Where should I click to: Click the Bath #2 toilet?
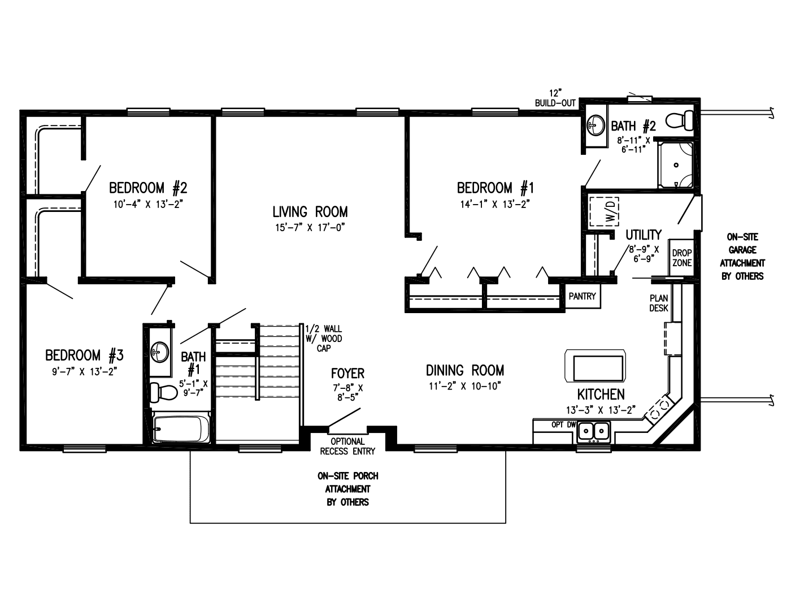pos(680,120)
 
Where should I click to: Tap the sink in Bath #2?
pos(595,123)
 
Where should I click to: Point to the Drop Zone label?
pos(681,258)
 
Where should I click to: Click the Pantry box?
pos(582,297)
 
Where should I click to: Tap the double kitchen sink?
pos(593,432)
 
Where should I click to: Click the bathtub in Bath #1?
pos(181,429)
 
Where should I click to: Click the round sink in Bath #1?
pos(160,353)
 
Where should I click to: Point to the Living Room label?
pos(310,212)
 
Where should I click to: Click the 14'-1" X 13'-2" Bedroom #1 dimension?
pos(494,205)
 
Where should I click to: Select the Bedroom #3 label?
pos(84,356)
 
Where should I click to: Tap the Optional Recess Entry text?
pos(347,446)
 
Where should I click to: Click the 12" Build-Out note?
pos(555,98)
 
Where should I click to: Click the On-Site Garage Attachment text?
pos(742,257)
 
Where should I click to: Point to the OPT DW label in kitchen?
pos(560,424)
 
